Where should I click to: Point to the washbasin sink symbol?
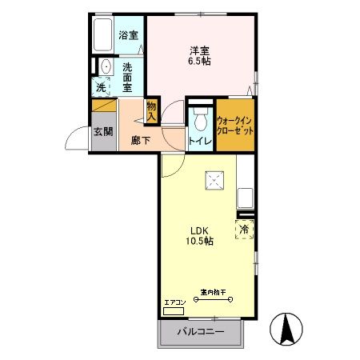coord(106,66)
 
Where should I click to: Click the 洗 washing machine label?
coord(102,87)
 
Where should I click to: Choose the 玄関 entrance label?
coord(102,132)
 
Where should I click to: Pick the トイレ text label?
coord(199,142)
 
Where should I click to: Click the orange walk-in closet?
coord(235,124)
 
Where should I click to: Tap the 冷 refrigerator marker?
coord(245,230)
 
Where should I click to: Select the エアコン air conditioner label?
coord(174,302)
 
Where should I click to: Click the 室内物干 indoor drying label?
coord(213,294)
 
